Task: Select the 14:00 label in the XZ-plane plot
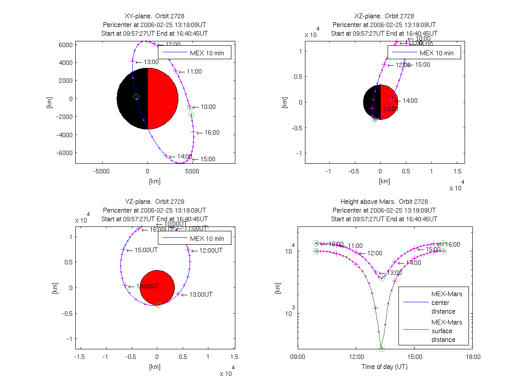click(x=410, y=101)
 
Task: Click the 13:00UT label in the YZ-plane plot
click(x=201, y=294)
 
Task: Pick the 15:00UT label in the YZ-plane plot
click(x=146, y=250)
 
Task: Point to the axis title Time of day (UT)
click(x=385, y=367)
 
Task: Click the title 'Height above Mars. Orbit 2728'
click(x=384, y=202)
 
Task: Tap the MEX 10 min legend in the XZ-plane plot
click(x=436, y=53)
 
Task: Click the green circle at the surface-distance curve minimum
click(x=381, y=349)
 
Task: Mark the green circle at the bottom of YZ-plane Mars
click(x=158, y=305)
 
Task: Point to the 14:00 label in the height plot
click(x=413, y=263)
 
